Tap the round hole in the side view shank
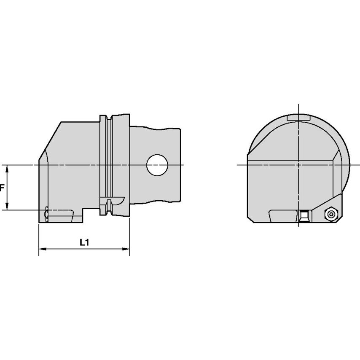157,164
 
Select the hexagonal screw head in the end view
331,215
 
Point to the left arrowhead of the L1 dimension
41,249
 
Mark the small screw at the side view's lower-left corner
46,215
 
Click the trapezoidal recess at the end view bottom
282,217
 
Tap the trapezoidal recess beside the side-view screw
62,217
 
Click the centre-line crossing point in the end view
298,164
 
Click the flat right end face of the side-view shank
182,164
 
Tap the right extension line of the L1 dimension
129,236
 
